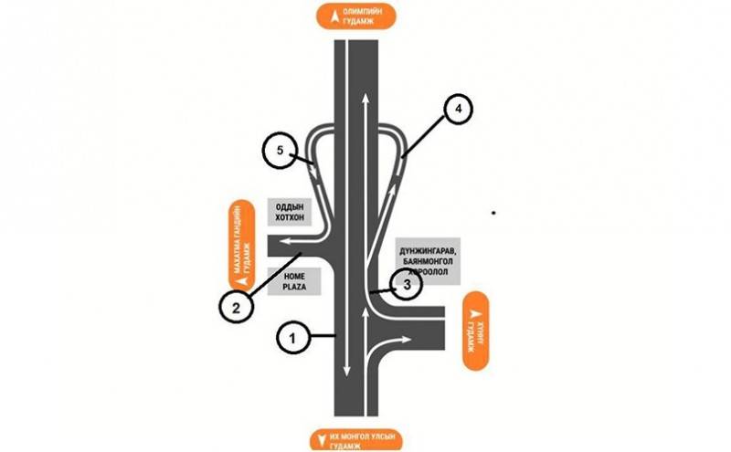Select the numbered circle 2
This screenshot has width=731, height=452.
point(236,308)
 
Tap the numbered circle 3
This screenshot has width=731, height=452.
point(409,284)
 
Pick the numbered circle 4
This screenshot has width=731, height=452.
point(460,108)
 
